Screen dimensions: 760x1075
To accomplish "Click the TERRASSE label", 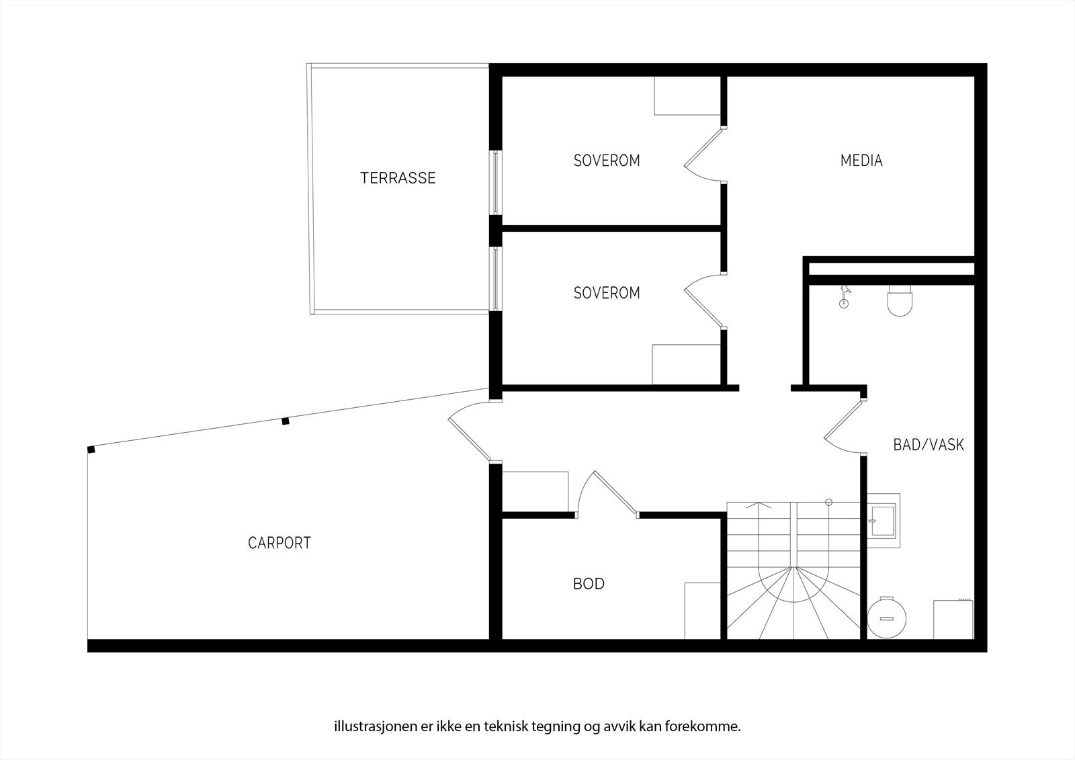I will tap(398, 178).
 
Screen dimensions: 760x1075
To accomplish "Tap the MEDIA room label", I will tap(861, 161).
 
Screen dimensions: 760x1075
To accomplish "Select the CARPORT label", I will tap(279, 543).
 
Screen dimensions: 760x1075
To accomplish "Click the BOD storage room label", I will tap(589, 584).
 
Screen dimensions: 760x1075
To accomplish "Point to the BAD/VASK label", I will tap(929, 445).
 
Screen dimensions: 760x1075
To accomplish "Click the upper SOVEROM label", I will tap(607, 161).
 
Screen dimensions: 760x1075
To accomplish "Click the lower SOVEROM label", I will tap(607, 293).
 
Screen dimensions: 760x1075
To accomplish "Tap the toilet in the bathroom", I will tap(900, 300).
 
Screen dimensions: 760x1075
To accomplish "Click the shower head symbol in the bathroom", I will tap(845, 296).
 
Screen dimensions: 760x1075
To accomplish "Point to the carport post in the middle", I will tap(285, 421).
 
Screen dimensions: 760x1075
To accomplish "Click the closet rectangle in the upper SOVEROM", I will tap(687, 95).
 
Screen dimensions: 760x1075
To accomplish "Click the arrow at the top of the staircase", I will tap(760, 505).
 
